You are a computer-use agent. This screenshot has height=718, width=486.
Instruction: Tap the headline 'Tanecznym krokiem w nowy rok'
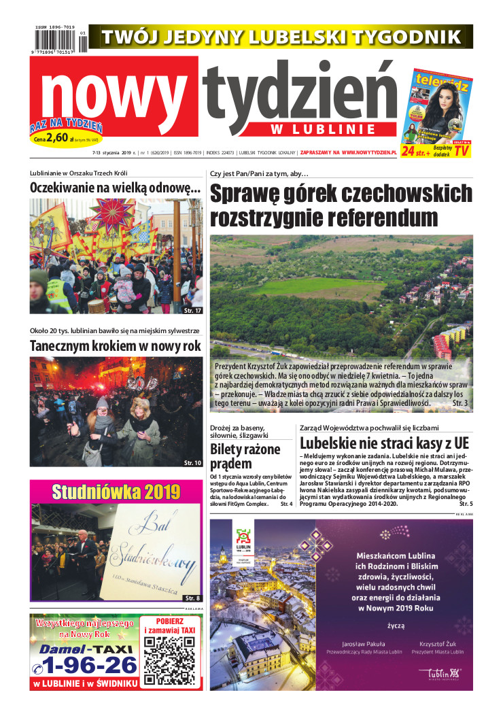pyautogui.click(x=116, y=345)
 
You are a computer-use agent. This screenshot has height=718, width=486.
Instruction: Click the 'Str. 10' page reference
pyautogui.click(x=192, y=463)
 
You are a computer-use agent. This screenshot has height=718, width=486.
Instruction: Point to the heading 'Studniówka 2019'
pyautogui.click(x=116, y=492)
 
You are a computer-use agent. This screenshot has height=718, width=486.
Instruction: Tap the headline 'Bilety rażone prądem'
pyautogui.click(x=245, y=456)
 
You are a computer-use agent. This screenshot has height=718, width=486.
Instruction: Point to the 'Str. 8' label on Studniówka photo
pyautogui.click(x=192, y=597)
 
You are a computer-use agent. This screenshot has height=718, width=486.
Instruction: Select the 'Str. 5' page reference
pyautogui.click(x=466, y=504)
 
